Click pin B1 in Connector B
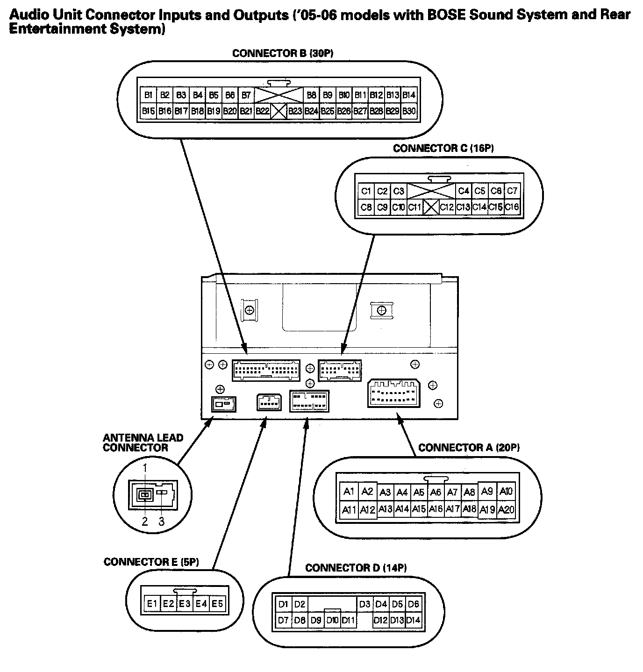pos(149,95)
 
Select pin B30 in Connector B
pos(409,111)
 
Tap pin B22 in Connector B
pos(262,111)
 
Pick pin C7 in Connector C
pos(512,191)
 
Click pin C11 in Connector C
pos(414,207)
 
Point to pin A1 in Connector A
pos(349,491)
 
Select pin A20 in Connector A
pos(506,509)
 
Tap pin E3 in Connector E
pos(185,603)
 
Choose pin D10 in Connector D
pos(332,621)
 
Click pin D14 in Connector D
pos(413,621)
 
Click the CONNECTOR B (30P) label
pos(282,53)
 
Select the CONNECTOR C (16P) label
pos(443,149)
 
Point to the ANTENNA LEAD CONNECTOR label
pos(143,443)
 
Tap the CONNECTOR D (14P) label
pos(356,568)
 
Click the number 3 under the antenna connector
pos(162,522)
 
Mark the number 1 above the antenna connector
pos(145,467)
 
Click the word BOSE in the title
pos(447,15)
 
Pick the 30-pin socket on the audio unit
pos(265,370)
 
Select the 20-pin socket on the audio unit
pos(393,393)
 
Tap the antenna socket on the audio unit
pos(223,403)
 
